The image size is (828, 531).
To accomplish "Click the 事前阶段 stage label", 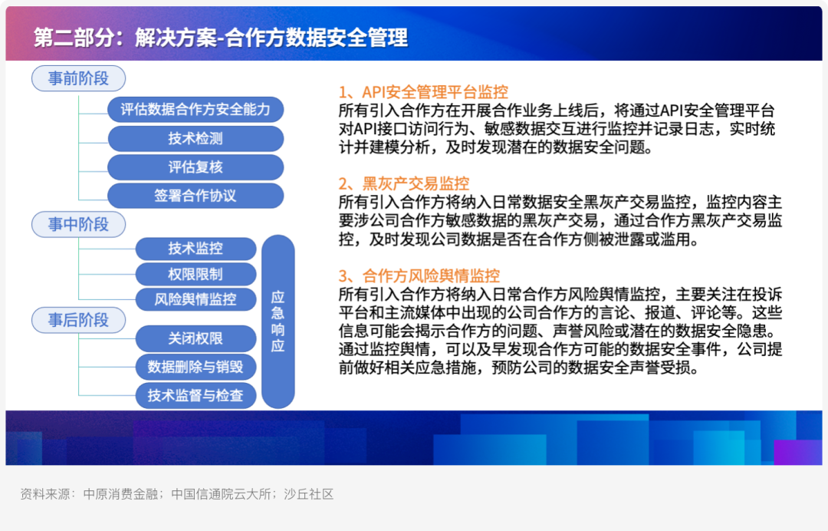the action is point(79,79).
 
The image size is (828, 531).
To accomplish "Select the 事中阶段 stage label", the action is point(79,225).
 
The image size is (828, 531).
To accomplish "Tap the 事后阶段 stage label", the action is point(79,320).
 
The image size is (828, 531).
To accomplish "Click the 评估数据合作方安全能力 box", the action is point(195,110).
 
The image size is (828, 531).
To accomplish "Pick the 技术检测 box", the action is point(195,138).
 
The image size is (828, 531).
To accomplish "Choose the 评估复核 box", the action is point(195,167).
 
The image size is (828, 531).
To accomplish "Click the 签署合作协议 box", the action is point(195,196).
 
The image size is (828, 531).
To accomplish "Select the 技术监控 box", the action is point(195,249).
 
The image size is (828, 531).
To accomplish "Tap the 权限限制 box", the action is point(195,274).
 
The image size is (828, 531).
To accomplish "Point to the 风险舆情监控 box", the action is point(195,299).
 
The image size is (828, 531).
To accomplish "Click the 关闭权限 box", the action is point(195,338).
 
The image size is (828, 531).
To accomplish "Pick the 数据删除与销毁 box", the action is point(195,367).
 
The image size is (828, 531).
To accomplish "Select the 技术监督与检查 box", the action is point(195,395).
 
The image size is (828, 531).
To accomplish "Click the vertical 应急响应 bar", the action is point(278,322).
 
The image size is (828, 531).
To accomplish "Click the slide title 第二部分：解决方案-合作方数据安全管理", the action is point(221,38).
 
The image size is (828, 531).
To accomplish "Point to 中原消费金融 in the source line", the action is point(120,494).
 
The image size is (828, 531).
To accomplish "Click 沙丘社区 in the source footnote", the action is point(309,494).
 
